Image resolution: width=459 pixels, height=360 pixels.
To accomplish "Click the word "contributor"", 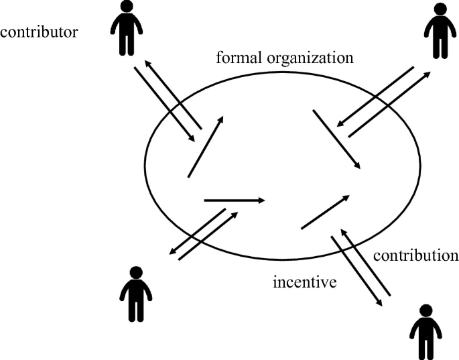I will (40, 32).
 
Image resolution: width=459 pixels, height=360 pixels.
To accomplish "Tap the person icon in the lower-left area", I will (136, 294).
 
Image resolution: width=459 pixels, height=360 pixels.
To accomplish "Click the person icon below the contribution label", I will (425, 331).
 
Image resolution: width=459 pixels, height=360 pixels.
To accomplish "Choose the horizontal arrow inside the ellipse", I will (235, 200).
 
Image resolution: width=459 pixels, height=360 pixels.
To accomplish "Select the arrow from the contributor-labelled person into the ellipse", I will (164, 104).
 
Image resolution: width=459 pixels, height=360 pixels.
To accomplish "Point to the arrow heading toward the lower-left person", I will (196, 232).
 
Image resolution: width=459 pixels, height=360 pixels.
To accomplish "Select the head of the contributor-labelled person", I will (125, 7).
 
